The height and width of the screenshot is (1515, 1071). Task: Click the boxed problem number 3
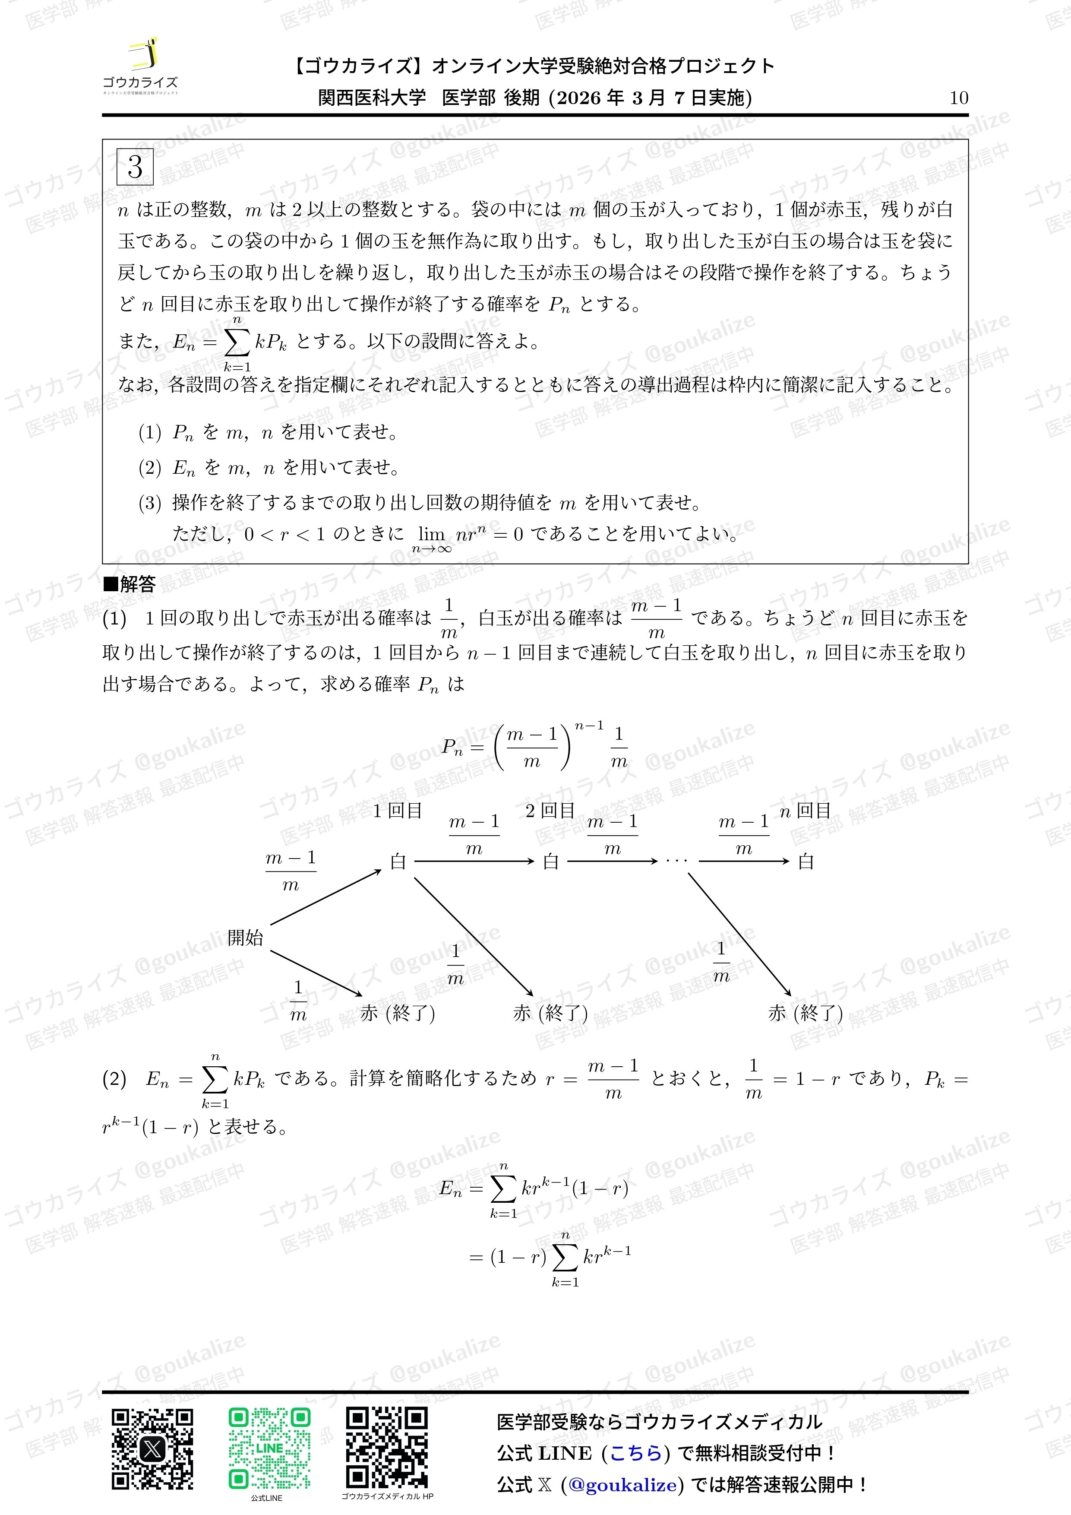pyautogui.click(x=135, y=167)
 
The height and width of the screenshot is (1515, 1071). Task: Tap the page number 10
pyautogui.click(x=958, y=98)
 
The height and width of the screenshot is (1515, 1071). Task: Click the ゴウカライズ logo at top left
pyautogui.click(x=140, y=67)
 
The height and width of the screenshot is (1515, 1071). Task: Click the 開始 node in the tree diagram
pyautogui.click(x=245, y=937)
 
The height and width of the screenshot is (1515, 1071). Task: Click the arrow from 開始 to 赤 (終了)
pyautogui.click(x=316, y=973)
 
